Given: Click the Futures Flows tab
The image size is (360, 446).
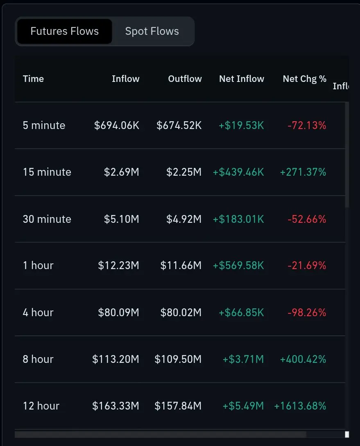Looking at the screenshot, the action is pyautogui.click(x=65, y=31).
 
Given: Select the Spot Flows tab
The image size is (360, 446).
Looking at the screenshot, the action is pyautogui.click(x=152, y=31).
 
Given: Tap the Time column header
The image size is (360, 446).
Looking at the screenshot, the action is pyautogui.click(x=33, y=79).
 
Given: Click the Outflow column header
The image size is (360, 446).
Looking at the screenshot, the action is pyautogui.click(x=185, y=79).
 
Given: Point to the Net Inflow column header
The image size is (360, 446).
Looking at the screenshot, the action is pyautogui.click(x=241, y=79).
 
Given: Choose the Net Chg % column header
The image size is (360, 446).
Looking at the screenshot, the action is pyautogui.click(x=304, y=79).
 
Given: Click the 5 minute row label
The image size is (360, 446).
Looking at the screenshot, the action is pyautogui.click(x=44, y=125).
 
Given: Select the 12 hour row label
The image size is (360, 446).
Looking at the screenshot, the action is pyautogui.click(x=41, y=406).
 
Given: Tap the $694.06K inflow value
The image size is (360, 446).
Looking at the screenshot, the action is pyautogui.click(x=117, y=125).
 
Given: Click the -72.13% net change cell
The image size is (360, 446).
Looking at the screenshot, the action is pyautogui.click(x=307, y=125).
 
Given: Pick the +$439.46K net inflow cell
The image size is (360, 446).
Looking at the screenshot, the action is pyautogui.click(x=238, y=172).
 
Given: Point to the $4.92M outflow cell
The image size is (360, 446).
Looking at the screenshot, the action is pyautogui.click(x=184, y=219).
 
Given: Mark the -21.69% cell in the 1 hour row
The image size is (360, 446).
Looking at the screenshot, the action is pyautogui.click(x=307, y=265).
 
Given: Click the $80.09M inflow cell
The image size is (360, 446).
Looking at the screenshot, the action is pyautogui.click(x=119, y=312).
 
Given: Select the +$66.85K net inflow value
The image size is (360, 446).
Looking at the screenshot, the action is pyautogui.click(x=241, y=312).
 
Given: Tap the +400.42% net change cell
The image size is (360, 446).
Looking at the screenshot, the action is pyautogui.click(x=303, y=359).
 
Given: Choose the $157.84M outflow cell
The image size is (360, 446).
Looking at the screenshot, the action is pyautogui.click(x=178, y=406).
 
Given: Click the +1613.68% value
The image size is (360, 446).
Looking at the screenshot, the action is pyautogui.click(x=300, y=406).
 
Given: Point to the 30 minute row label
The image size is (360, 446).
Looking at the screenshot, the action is pyautogui.click(x=47, y=219).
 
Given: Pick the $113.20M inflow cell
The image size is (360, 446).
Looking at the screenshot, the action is pyautogui.click(x=116, y=359).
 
